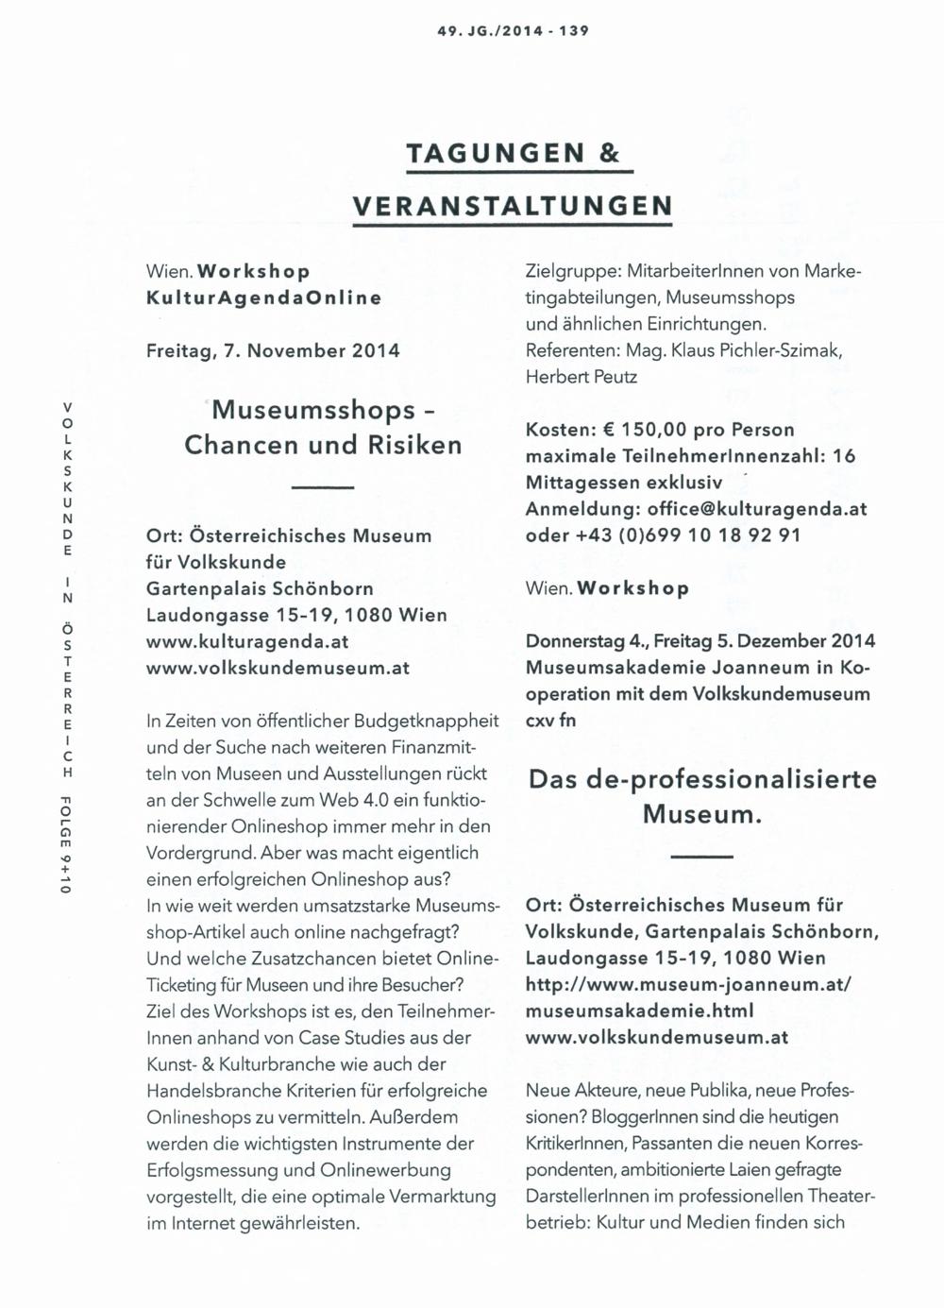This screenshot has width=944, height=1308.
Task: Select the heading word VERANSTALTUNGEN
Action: click(513, 206)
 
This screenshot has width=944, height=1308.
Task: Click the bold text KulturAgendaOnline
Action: click(264, 297)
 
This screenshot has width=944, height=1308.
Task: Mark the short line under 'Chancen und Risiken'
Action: click(323, 487)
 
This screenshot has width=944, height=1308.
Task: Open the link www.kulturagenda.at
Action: click(248, 641)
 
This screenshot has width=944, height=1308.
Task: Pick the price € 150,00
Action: click(645, 430)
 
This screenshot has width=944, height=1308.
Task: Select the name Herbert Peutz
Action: click(582, 377)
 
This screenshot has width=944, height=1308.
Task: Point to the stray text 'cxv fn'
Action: click(550, 721)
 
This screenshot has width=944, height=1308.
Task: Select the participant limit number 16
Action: click(845, 456)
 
